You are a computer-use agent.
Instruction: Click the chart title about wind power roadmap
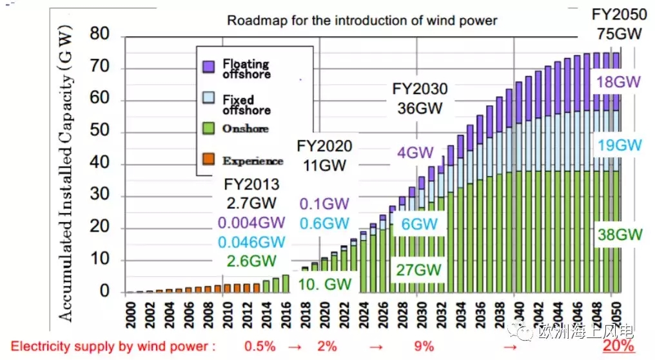pyautogui.click(x=362, y=21)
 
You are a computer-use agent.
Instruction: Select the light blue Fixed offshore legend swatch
pyautogui.click(x=208, y=98)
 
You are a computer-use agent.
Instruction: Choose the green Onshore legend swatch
pyautogui.click(x=208, y=128)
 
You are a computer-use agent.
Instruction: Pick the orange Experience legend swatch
pyautogui.click(x=208, y=159)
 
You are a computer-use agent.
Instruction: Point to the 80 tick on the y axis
pyautogui.click(x=99, y=34)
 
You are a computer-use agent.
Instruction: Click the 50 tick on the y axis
pyautogui.click(x=99, y=130)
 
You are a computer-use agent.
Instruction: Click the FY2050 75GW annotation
pyautogui.click(x=619, y=25)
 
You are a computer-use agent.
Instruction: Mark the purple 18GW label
pyautogui.click(x=618, y=81)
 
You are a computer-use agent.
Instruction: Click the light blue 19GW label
pyautogui.click(x=620, y=145)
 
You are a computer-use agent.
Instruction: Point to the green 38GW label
pyautogui.click(x=620, y=235)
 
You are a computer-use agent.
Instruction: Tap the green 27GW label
pyautogui.click(x=418, y=270)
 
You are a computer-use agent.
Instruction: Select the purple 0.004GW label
pyautogui.click(x=251, y=223)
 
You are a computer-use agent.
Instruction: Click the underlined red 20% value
pyautogui.click(x=618, y=346)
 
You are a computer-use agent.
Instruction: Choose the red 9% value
pyautogui.click(x=424, y=346)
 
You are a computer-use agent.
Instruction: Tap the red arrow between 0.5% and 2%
pyautogui.click(x=295, y=347)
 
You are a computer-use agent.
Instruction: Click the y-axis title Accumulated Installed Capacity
pyautogui.click(x=66, y=173)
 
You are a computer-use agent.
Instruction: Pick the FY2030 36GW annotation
pyautogui.click(x=420, y=99)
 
